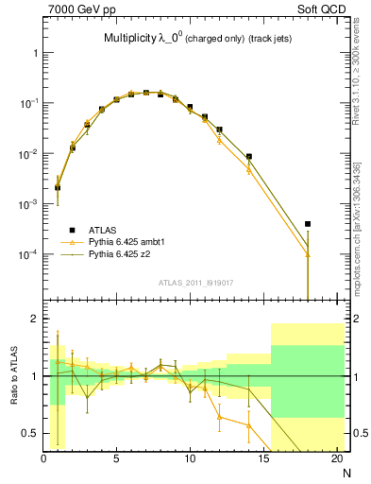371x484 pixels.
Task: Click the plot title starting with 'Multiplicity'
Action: [x=194, y=39]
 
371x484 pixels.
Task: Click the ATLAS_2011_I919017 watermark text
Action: [x=195, y=281]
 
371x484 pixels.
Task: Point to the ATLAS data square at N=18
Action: [x=308, y=224]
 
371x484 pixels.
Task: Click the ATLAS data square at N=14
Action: [x=249, y=157]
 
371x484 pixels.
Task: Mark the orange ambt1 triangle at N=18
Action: [x=308, y=253]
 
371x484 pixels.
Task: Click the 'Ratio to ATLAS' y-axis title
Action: [x=12, y=375]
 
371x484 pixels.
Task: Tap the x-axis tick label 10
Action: [x=190, y=459]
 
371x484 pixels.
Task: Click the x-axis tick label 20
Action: [x=336, y=459]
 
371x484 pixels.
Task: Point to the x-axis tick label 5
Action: [x=116, y=459]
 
